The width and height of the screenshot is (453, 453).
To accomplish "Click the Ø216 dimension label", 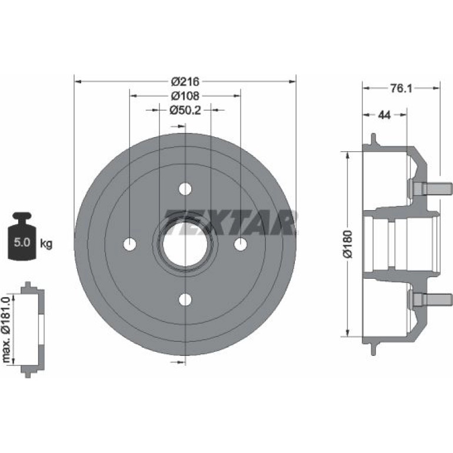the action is (x=185, y=81).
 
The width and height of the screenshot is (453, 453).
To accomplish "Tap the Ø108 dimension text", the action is (x=185, y=96).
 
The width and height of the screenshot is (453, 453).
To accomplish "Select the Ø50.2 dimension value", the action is (x=185, y=110).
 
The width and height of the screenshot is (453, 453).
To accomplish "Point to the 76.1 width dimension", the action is (x=401, y=88).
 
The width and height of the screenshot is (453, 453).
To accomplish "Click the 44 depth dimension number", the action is (x=384, y=115).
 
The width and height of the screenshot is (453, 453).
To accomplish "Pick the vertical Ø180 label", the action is (x=348, y=244).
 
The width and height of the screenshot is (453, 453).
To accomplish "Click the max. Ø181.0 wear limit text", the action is (x=6, y=329).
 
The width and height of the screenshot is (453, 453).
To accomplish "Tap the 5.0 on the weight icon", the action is (x=22, y=242).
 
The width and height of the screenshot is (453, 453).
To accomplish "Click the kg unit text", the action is (x=46, y=244).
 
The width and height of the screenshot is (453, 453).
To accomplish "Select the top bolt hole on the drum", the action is (x=185, y=189).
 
